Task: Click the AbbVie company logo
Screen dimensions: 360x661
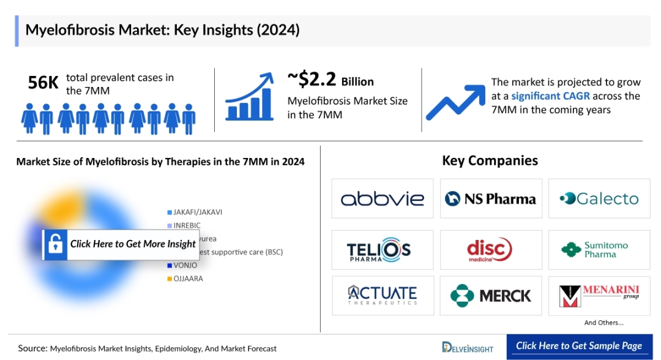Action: pos(383,198)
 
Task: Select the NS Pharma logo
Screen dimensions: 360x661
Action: pos(491,198)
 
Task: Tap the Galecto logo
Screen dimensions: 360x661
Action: pos(599,198)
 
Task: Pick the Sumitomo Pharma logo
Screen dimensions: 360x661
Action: pos(599,250)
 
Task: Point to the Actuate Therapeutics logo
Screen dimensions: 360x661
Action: pos(383,296)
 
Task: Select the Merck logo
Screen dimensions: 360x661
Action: pos(491,296)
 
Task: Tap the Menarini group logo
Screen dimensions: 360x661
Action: pos(599,296)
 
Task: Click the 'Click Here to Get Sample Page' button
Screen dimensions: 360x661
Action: pos(579,346)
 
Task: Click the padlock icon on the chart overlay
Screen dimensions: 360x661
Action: pos(56,244)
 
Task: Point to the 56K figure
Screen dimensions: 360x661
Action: pos(43,83)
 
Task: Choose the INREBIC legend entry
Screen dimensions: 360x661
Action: pos(187,226)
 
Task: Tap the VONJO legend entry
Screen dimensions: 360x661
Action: pos(184,266)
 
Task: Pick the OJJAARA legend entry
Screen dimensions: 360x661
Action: pos(187,279)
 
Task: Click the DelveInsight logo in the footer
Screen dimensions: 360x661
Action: pos(468,347)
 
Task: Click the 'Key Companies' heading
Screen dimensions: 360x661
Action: pos(490,161)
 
